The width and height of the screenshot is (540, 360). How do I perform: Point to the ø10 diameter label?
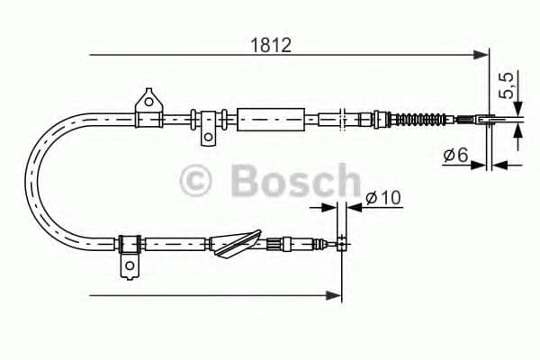[382, 199]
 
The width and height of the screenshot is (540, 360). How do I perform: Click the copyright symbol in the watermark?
[198, 180]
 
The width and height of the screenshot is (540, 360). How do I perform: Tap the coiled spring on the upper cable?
[422, 118]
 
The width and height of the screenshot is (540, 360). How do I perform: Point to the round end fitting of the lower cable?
[341, 240]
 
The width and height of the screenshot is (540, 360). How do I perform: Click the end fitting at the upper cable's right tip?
[480, 118]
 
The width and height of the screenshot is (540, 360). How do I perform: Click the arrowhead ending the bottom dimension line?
[337, 293]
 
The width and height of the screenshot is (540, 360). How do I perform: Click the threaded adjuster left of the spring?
[378, 117]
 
